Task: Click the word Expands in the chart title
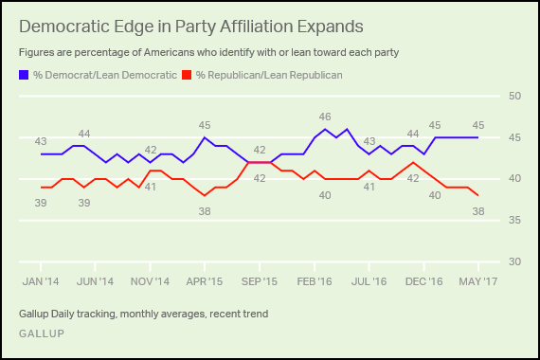(331, 27)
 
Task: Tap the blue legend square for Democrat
(24, 75)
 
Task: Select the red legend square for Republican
(187, 75)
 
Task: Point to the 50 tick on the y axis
(514, 96)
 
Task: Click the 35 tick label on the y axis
(514, 220)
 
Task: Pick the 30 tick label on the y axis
(514, 261)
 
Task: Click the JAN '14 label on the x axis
(41, 281)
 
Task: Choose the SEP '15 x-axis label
(260, 281)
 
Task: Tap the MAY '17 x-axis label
(478, 281)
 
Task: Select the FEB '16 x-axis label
(315, 281)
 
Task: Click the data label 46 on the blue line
(325, 117)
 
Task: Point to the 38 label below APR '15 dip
(205, 211)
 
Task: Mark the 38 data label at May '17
(478, 211)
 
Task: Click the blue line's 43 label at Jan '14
(41, 141)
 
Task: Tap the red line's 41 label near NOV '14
(150, 187)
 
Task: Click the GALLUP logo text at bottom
(42, 333)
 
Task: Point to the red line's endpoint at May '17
(478, 195)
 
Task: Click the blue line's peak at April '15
(205, 137)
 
